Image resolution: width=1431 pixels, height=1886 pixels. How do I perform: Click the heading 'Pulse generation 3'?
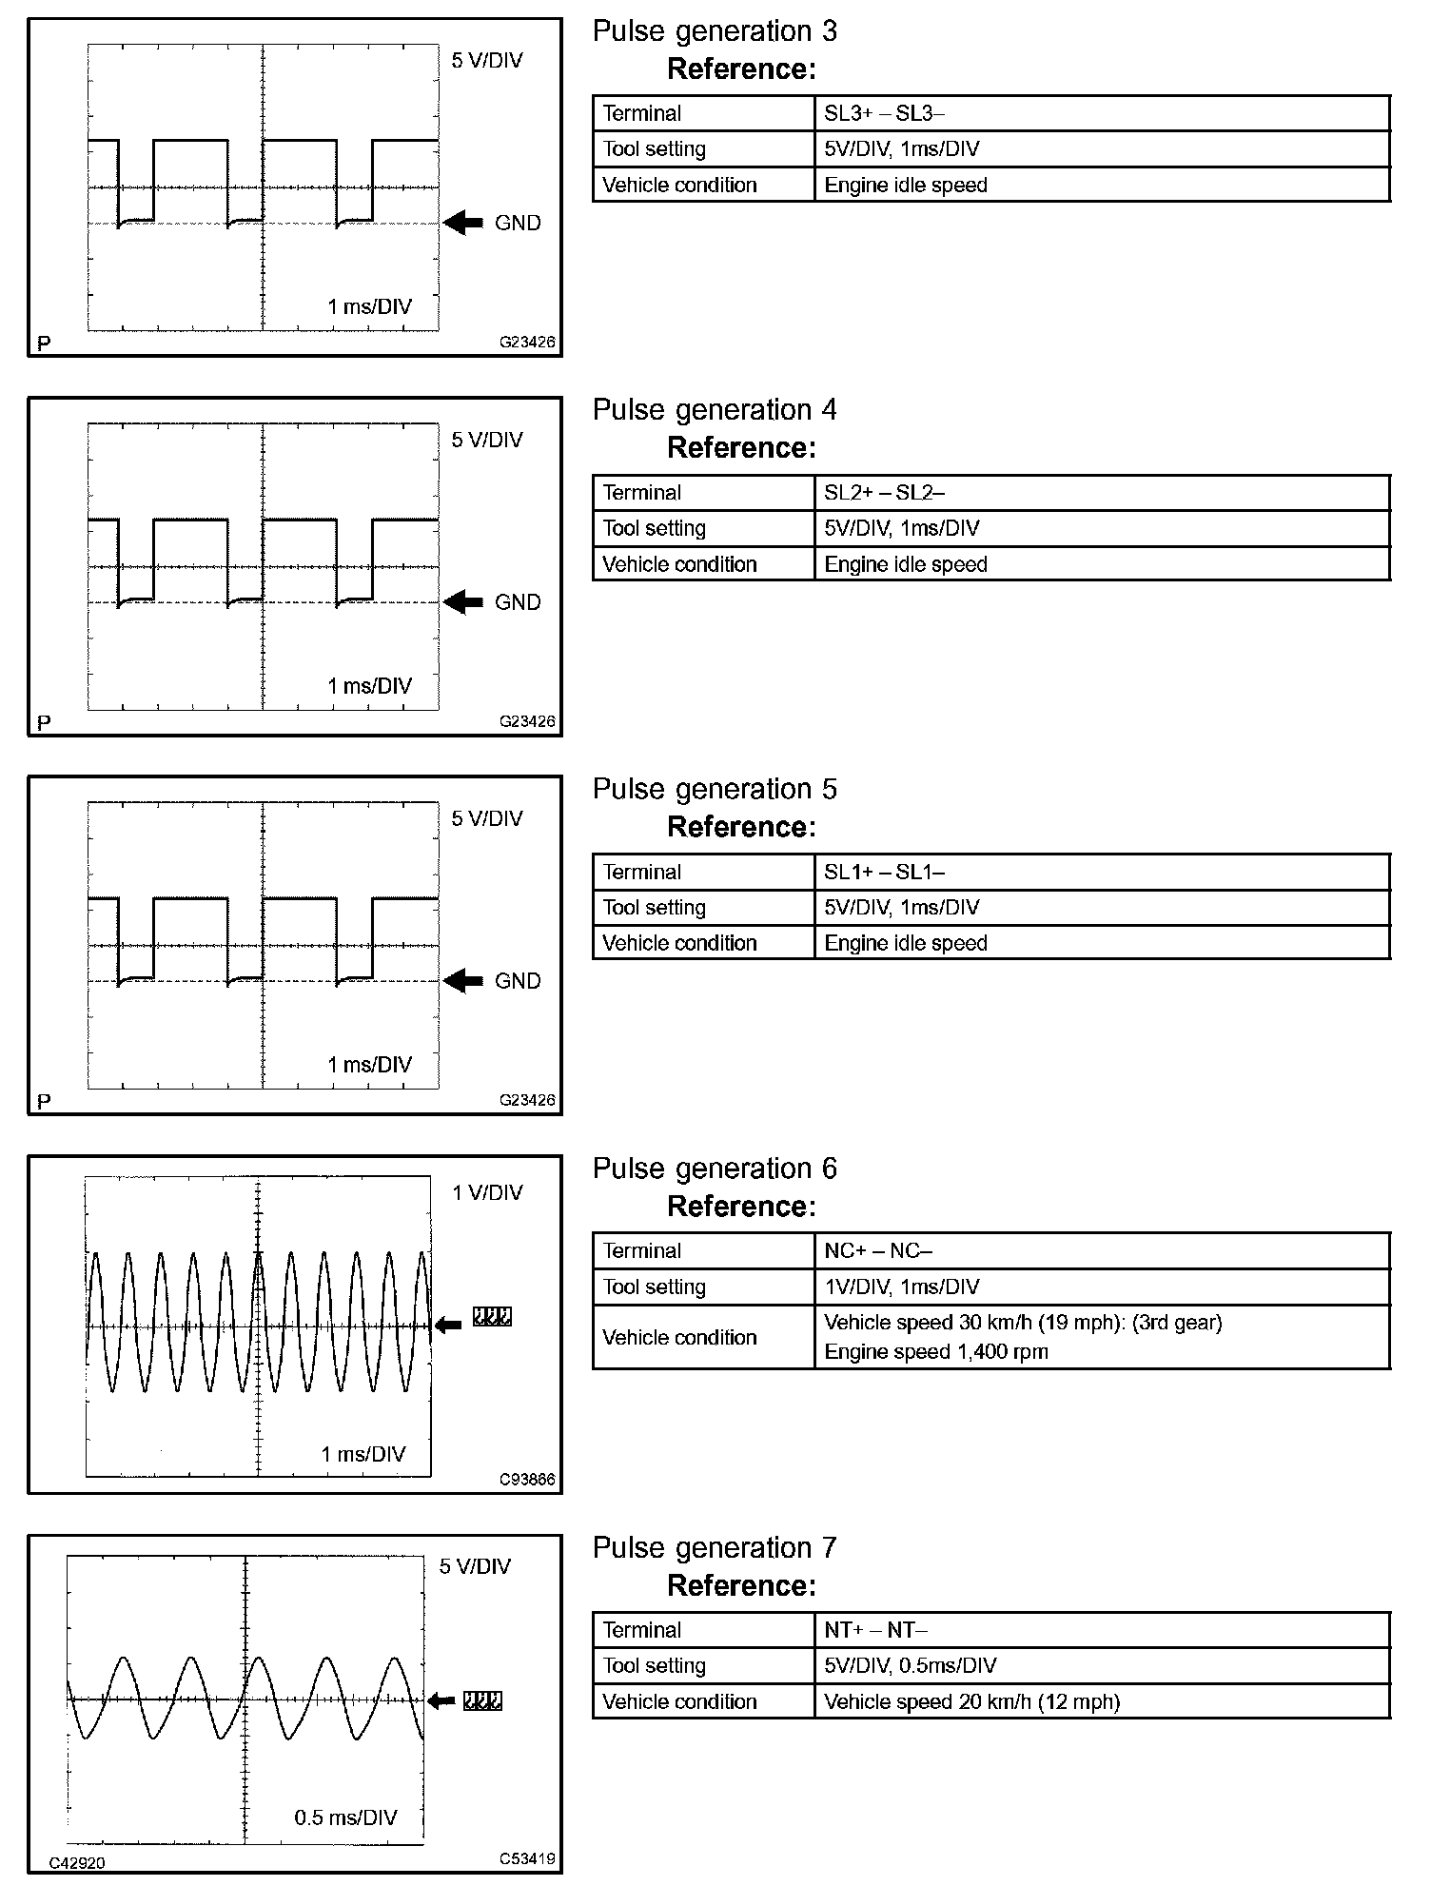tap(715, 31)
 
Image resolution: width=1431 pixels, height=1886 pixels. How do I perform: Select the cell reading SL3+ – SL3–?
tap(884, 113)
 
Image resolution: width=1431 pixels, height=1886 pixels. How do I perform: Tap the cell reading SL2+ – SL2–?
tap(884, 493)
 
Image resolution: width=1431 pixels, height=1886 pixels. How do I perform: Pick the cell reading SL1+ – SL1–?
tap(884, 872)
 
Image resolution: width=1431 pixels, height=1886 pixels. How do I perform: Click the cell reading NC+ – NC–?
tap(877, 1250)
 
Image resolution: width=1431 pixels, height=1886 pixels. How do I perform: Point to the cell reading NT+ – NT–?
tap(875, 1630)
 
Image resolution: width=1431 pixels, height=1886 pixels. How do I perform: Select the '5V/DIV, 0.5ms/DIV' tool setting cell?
tap(911, 1665)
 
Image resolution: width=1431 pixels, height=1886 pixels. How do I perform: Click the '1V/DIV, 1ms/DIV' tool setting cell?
tap(901, 1287)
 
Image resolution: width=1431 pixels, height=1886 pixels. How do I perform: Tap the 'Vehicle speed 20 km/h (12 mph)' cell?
tap(971, 1701)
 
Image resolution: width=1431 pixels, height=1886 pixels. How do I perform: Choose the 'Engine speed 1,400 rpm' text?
tap(935, 1352)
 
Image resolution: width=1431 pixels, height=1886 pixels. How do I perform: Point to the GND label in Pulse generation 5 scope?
tap(518, 981)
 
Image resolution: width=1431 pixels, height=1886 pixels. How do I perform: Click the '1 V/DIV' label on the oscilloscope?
tap(487, 1193)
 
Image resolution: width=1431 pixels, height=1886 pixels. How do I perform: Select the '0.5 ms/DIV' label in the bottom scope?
tap(345, 1817)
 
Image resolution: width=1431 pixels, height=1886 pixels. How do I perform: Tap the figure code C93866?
tap(527, 1480)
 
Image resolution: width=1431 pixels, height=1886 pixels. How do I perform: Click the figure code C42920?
tap(77, 1863)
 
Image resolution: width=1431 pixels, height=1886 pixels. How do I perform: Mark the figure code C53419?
tap(527, 1858)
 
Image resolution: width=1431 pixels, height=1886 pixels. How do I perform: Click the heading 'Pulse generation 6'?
tap(715, 1169)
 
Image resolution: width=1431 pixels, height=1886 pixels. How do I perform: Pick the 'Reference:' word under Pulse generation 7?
tap(741, 1585)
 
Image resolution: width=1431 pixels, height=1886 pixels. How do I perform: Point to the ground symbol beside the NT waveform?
tap(482, 1701)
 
